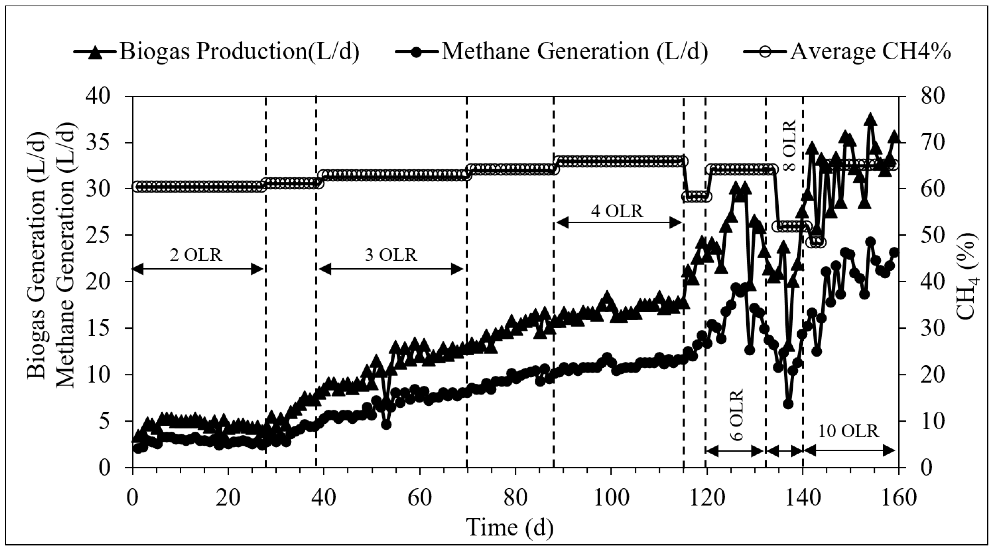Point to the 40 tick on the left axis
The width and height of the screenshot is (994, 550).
[99, 96]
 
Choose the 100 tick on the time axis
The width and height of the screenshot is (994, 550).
[610, 498]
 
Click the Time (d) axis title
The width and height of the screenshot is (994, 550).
[510, 527]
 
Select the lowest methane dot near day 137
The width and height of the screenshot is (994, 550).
[788, 404]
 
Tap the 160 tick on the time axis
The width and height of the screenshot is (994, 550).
[898, 498]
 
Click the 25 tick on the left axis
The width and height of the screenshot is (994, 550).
[99, 235]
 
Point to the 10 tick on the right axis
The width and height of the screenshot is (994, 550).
[922, 421]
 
